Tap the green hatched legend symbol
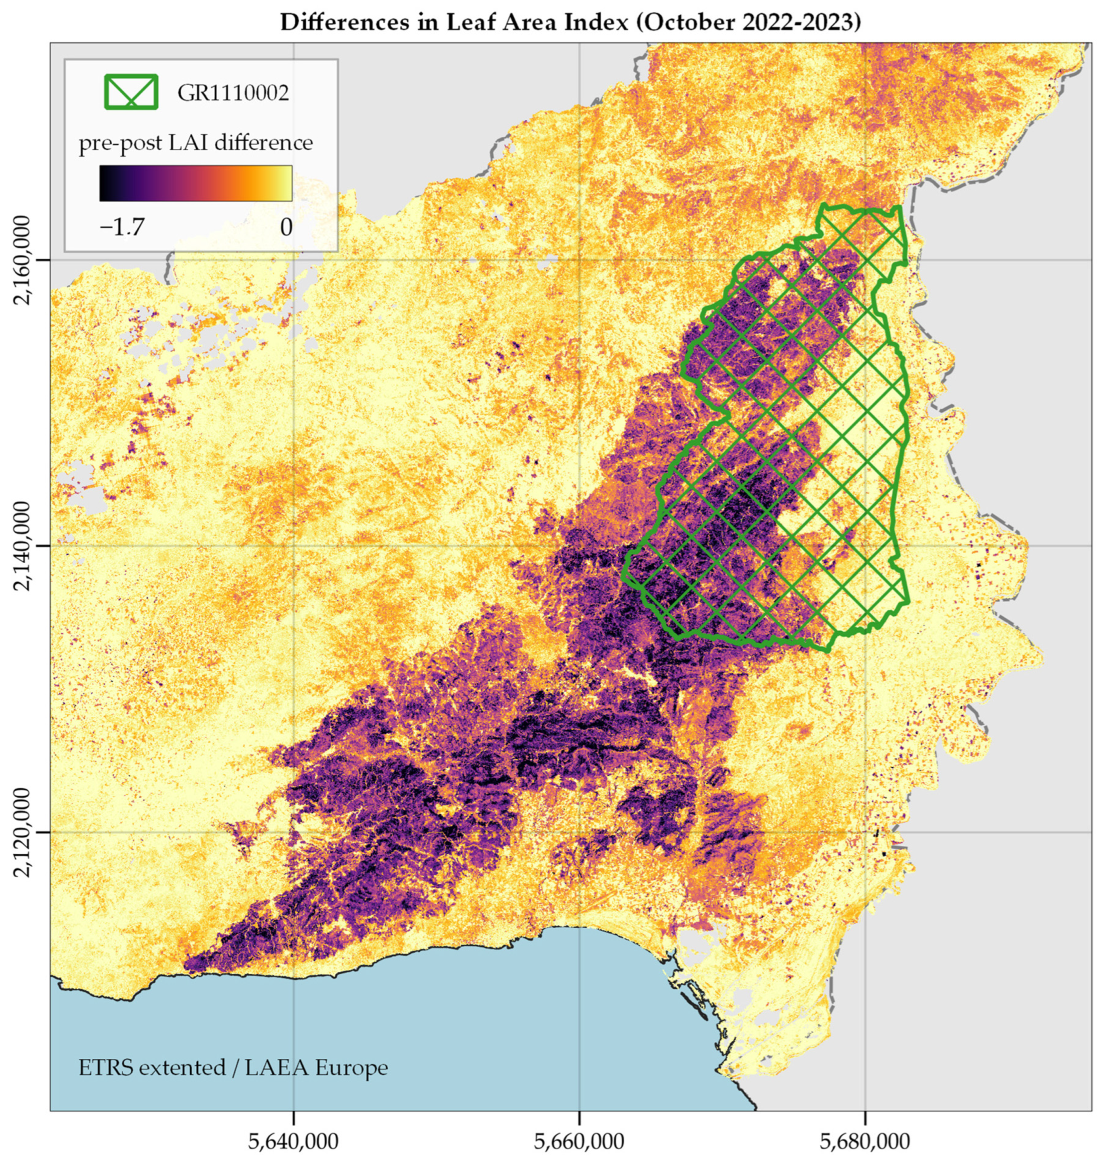(131, 92)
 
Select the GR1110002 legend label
(233, 93)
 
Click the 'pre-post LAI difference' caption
(195, 143)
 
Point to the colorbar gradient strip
(195, 183)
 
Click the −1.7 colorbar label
(122, 227)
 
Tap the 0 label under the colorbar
(286, 227)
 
